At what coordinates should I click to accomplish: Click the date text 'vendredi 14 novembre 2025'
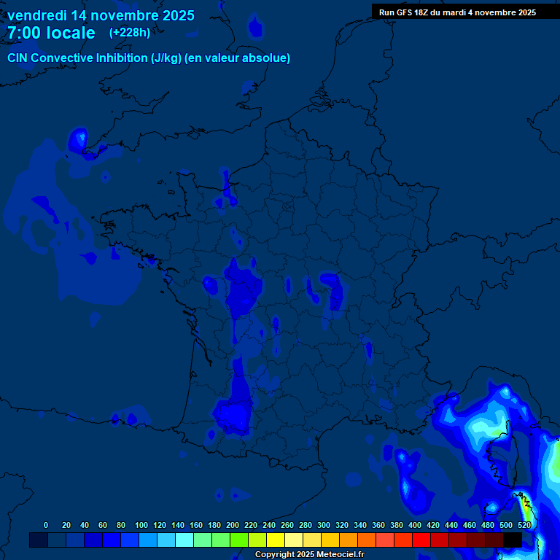tap(101, 15)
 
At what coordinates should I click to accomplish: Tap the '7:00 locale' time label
tap(51, 33)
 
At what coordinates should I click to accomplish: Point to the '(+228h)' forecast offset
tap(130, 32)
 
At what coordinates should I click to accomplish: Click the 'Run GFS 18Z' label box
tap(406, 12)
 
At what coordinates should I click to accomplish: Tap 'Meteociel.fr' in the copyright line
tap(341, 555)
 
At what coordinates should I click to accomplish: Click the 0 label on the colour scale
tap(46, 525)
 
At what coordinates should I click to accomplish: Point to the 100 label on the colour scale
tap(141, 525)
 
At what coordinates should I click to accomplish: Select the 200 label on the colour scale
tap(233, 525)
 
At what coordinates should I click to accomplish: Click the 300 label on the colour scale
tap(324, 525)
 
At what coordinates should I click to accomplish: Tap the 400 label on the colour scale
tap(415, 525)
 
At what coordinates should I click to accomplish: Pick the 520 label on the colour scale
tap(524, 525)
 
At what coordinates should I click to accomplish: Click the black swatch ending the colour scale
tap(513, 540)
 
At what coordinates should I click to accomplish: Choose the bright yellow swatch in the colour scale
tap(276, 540)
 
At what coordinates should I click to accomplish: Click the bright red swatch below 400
tap(421, 540)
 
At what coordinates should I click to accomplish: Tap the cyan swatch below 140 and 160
tap(184, 540)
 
